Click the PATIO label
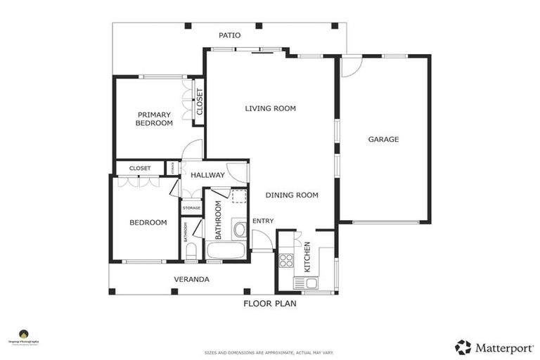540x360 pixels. (x=229, y=34)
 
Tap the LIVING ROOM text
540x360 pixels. (x=270, y=108)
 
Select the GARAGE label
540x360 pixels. (x=383, y=139)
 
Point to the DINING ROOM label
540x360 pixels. (x=292, y=195)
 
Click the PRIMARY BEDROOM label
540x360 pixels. (x=154, y=119)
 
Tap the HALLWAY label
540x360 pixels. (x=207, y=175)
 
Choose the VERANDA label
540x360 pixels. (x=191, y=279)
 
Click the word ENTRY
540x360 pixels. (x=263, y=221)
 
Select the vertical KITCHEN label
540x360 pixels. (x=307, y=257)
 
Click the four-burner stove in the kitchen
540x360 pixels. (x=286, y=261)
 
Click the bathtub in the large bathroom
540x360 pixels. (x=226, y=251)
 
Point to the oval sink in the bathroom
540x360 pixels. (x=238, y=228)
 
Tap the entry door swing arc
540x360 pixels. (x=262, y=239)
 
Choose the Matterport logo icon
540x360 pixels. (x=463, y=347)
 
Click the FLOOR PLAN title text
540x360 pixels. (x=270, y=304)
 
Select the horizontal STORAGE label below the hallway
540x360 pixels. (x=191, y=208)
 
